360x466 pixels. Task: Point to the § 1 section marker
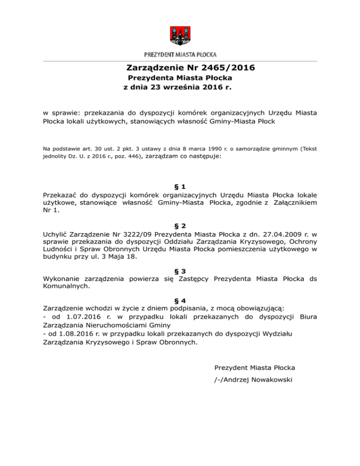180,186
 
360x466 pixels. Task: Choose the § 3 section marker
180,271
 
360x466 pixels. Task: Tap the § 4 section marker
180,300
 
